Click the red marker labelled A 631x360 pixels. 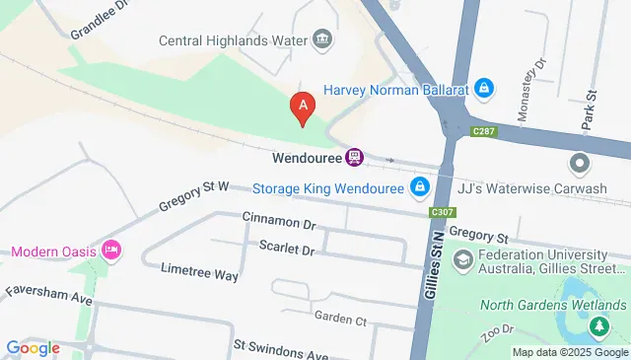point(302,105)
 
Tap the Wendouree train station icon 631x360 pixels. point(355,157)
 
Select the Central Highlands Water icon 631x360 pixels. point(321,40)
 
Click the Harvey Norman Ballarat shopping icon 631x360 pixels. point(483,89)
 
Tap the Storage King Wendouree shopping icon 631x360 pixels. point(420,185)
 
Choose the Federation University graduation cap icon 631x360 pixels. point(461,259)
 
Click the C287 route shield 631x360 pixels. point(483,129)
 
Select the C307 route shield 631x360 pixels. point(443,212)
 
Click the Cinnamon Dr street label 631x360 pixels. point(277,225)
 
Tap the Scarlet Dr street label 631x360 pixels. point(286,251)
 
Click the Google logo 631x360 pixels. point(33,347)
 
